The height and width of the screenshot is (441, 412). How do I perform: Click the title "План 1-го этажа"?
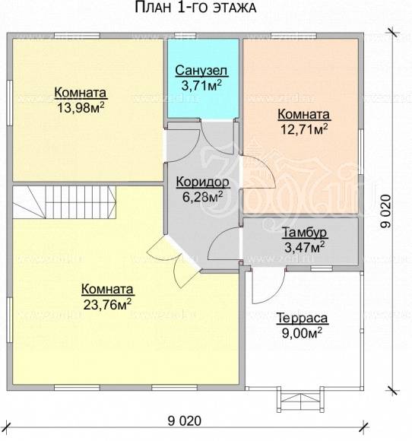click(195, 8)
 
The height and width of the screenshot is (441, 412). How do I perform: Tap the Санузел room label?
click(201, 71)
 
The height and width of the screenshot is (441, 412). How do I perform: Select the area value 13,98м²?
click(81, 107)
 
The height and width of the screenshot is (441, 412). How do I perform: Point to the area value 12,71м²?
click(304, 129)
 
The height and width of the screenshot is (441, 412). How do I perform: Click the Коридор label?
click(202, 182)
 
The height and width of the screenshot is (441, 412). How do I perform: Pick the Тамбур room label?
click(305, 233)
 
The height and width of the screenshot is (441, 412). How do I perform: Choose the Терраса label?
click(303, 319)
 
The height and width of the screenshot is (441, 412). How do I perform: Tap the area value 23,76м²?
click(107, 304)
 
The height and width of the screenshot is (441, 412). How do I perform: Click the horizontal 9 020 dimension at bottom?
click(185, 421)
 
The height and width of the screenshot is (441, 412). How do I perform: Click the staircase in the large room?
click(65, 202)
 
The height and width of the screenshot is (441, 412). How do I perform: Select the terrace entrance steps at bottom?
click(300, 399)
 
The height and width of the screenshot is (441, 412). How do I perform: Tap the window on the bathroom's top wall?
click(185, 36)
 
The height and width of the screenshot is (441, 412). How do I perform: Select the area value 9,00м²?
click(302, 334)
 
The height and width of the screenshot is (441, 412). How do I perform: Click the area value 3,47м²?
click(305, 248)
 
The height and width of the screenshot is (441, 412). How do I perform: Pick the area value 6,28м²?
click(203, 197)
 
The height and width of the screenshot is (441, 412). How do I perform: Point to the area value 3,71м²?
click(201, 85)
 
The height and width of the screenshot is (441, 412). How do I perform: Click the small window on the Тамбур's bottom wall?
click(322, 268)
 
